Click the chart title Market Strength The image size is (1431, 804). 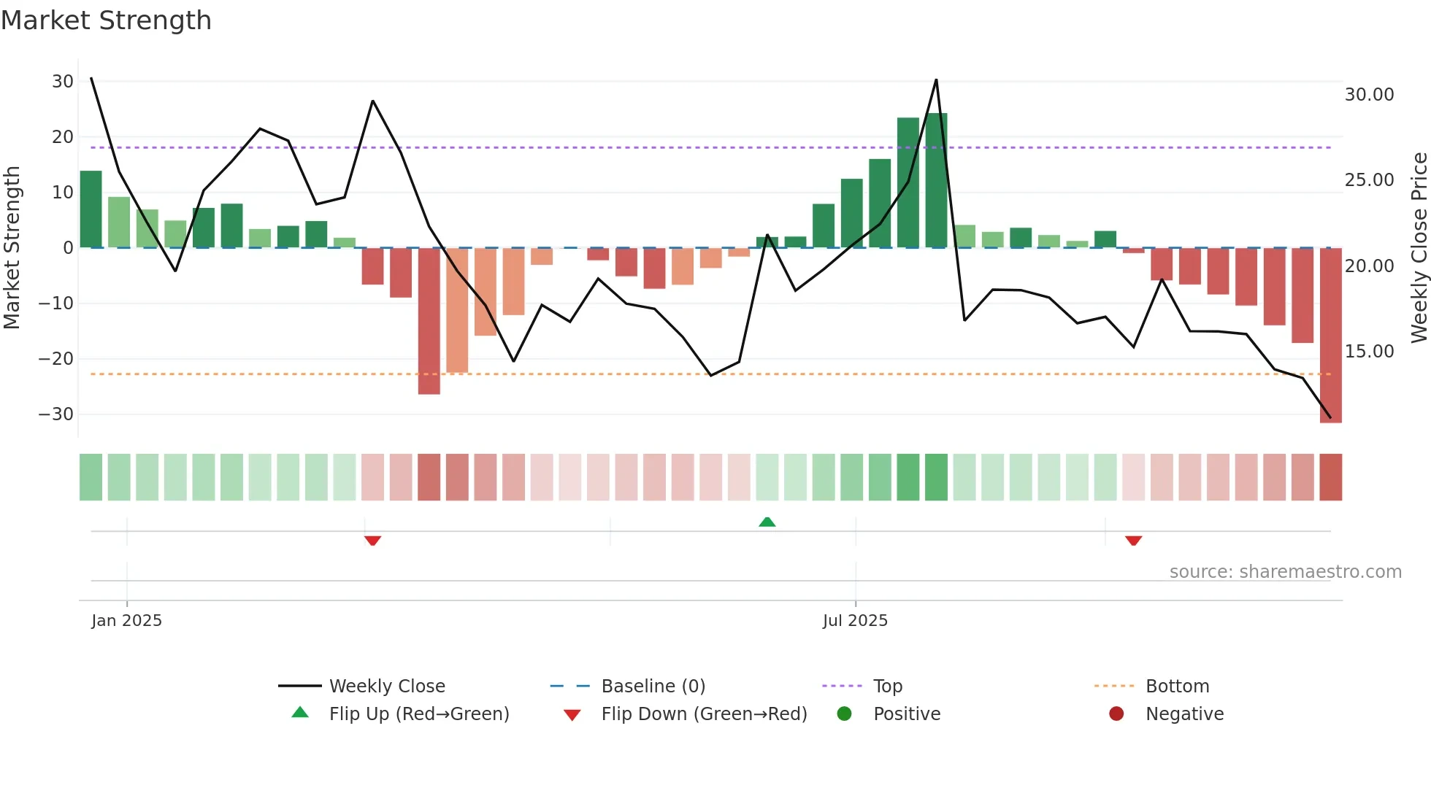pyautogui.click(x=106, y=20)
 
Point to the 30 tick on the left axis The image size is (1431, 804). pyautogui.click(x=63, y=82)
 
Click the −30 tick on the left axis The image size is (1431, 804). pyautogui.click(x=56, y=414)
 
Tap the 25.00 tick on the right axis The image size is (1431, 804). pyautogui.click(x=1369, y=180)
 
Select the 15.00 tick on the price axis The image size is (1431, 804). pyautogui.click(x=1369, y=352)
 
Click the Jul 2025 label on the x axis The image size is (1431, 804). pyautogui.click(x=855, y=621)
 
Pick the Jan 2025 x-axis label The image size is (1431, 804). pyautogui.click(x=126, y=621)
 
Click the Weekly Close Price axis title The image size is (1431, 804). pyautogui.click(x=1419, y=248)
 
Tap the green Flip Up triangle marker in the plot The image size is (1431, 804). pyautogui.click(x=767, y=522)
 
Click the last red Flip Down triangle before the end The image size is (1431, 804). pyautogui.click(x=1133, y=541)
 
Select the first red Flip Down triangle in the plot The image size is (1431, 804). pyautogui.click(x=372, y=541)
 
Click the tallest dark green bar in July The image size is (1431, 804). pyautogui.click(x=936, y=180)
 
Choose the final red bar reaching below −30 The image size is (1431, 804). pyautogui.click(x=1330, y=336)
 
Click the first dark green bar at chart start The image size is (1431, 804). pyautogui.click(x=91, y=209)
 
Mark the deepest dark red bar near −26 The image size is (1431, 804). pyautogui.click(x=429, y=321)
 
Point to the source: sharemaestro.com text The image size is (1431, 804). pyautogui.click(x=1285, y=572)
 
